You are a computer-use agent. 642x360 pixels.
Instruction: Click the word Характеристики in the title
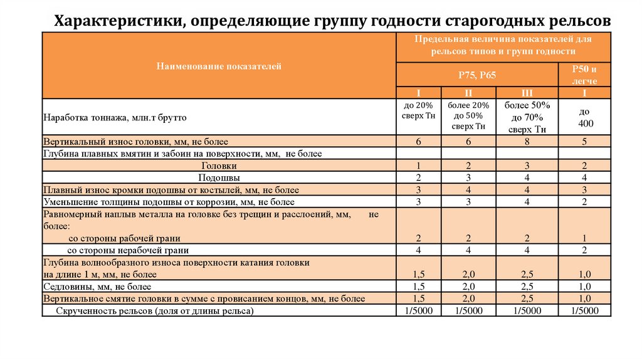point(113,21)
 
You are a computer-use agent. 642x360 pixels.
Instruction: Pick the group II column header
point(468,92)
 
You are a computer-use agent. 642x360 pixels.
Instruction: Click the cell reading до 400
point(584,118)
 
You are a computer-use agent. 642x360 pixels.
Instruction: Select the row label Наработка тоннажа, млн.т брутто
point(115,117)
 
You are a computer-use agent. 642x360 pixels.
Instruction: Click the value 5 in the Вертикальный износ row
point(584,142)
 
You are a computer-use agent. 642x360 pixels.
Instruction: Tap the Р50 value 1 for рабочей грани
point(584,238)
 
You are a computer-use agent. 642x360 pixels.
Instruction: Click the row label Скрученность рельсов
point(155,310)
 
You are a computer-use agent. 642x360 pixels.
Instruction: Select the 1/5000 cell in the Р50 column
point(584,310)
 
